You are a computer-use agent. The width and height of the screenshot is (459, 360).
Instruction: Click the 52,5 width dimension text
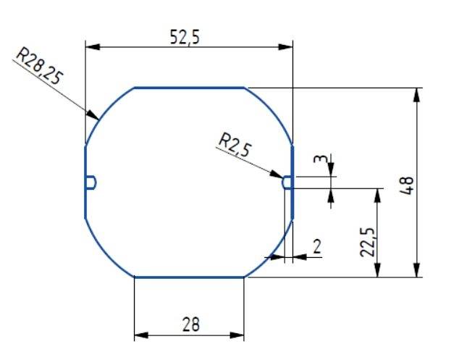click(x=185, y=38)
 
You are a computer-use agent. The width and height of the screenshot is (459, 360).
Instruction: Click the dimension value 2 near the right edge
click(x=316, y=246)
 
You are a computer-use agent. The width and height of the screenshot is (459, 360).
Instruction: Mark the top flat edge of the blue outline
click(x=190, y=88)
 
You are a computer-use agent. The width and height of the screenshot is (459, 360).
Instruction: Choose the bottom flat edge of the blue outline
click(x=190, y=277)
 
